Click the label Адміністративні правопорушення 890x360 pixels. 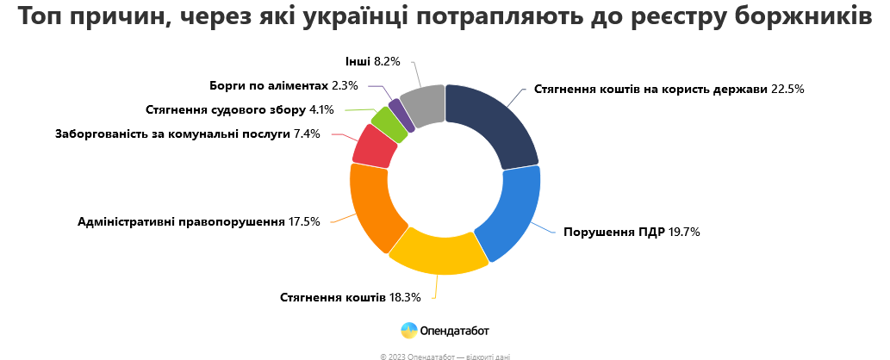182,221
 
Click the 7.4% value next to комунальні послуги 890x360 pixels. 307,133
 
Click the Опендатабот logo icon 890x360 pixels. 409,329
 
